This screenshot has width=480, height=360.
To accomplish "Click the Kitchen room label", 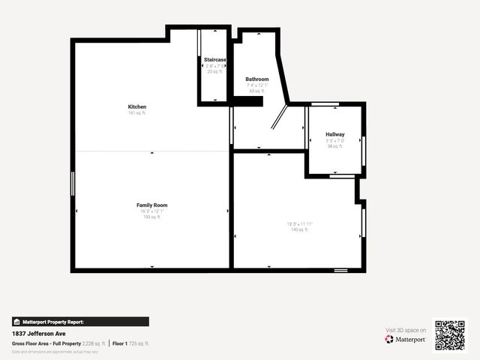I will (x=137, y=106).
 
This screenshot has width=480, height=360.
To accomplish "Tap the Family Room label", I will (x=151, y=205).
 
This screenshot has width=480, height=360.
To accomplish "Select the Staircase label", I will (x=215, y=59).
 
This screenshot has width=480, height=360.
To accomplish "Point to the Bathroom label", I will (x=257, y=79).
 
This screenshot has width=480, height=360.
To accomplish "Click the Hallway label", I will (x=335, y=134).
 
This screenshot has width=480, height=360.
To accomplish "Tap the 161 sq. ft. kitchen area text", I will (x=137, y=113).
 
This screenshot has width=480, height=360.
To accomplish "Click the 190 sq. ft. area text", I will (x=151, y=217).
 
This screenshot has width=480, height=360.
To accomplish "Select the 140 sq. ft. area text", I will (x=299, y=229).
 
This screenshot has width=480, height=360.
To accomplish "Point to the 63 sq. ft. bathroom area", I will (x=257, y=91).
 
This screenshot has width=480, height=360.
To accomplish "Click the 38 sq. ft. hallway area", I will (x=334, y=146).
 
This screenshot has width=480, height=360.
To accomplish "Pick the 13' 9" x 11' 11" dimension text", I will (x=299, y=223).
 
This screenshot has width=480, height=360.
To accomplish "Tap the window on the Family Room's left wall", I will (x=73, y=183).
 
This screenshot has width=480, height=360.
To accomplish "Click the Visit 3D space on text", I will (x=406, y=330).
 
